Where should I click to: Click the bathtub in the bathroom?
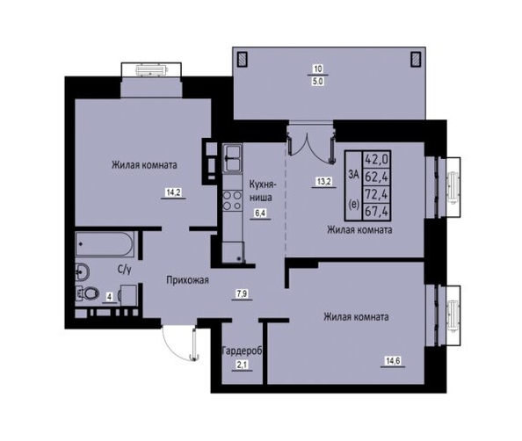105,244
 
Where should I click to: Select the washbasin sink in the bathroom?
82,271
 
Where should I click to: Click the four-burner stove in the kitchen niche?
232,200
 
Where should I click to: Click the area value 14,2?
173,192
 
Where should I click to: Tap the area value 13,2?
323,182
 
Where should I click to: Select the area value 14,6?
393,360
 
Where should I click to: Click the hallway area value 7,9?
242,294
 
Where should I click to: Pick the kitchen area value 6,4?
260,213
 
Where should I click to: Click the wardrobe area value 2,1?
242,365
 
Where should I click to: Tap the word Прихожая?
188,280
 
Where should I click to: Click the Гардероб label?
242,351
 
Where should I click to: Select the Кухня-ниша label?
261,191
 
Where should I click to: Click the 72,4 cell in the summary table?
376,194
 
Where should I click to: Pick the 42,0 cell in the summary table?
376,159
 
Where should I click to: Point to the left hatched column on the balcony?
242,59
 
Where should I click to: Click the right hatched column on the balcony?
416,59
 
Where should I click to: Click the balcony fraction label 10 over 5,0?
318,76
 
